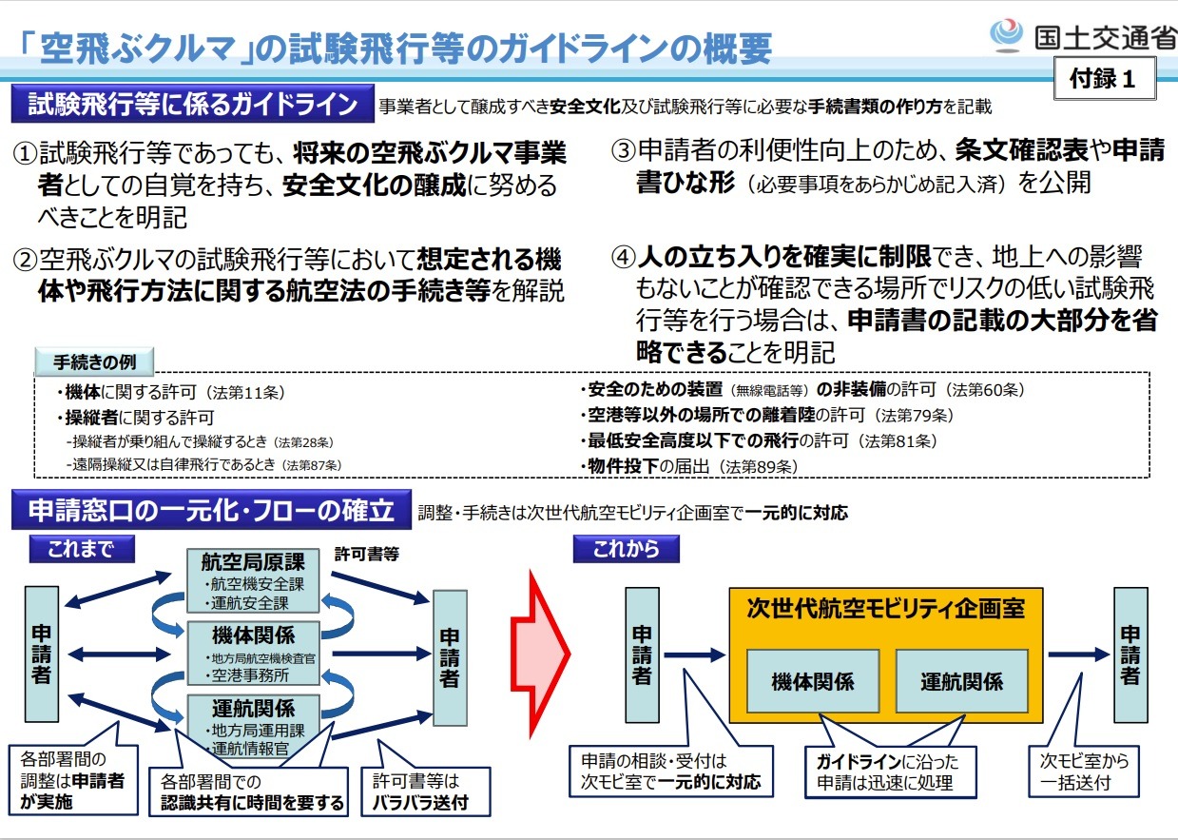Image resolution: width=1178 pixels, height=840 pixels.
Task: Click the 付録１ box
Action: coord(1105,78)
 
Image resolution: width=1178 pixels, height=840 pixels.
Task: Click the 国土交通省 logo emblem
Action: coord(1006,35)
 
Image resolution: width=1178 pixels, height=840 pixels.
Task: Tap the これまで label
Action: coord(82,549)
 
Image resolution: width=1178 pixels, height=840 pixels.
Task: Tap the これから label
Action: coord(626,549)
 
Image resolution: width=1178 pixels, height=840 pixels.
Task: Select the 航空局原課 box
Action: coord(253,581)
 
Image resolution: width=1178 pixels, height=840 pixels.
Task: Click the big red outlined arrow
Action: coord(540,654)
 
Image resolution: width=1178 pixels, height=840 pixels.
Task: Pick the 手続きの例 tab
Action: coord(94,361)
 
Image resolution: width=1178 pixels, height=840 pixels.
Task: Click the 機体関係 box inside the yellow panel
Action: coord(813,681)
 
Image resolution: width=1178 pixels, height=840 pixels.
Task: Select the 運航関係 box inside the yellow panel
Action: coord(961,681)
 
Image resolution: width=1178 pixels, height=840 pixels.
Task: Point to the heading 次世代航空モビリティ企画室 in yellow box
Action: coord(885,609)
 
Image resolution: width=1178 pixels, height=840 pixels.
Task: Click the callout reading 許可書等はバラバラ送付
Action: coord(425,791)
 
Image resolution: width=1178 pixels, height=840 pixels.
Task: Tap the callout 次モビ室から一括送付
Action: coord(1083,772)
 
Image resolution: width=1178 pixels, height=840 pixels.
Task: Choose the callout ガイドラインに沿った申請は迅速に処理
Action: coord(890,772)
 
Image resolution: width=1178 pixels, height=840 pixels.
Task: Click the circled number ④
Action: coord(623,258)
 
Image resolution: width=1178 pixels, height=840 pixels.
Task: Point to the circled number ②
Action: coord(25,260)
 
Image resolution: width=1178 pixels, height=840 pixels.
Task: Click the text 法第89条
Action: coord(758,467)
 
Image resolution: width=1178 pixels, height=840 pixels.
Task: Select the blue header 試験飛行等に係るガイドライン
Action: coord(192,104)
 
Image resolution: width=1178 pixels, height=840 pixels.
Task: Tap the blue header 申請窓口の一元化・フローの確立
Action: coord(211,510)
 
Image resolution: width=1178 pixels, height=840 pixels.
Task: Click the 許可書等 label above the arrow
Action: coord(367,554)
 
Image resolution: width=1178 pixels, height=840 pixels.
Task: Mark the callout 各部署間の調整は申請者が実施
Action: coord(73,780)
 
